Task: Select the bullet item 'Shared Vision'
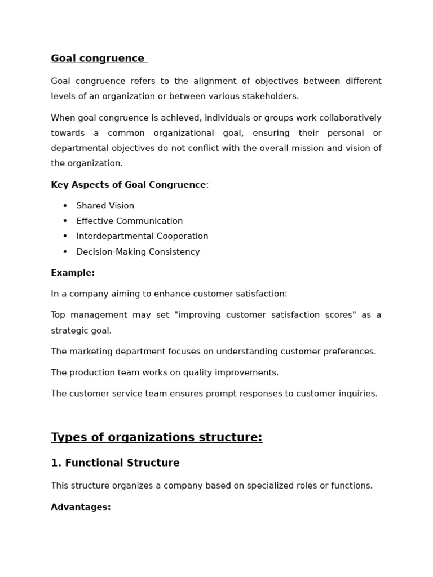tap(105, 206)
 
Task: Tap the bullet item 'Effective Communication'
tap(129, 221)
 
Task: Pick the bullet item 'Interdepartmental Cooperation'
tap(142, 236)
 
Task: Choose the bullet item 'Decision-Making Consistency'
tap(138, 252)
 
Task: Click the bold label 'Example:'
tap(73, 273)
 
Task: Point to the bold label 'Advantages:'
tap(81, 507)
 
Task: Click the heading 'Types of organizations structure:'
tap(156, 437)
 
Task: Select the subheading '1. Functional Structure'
tap(115, 463)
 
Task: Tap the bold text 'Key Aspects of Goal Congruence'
tap(128, 185)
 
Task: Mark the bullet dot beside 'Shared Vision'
tap(65, 206)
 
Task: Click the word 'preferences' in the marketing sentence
tap(349, 352)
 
